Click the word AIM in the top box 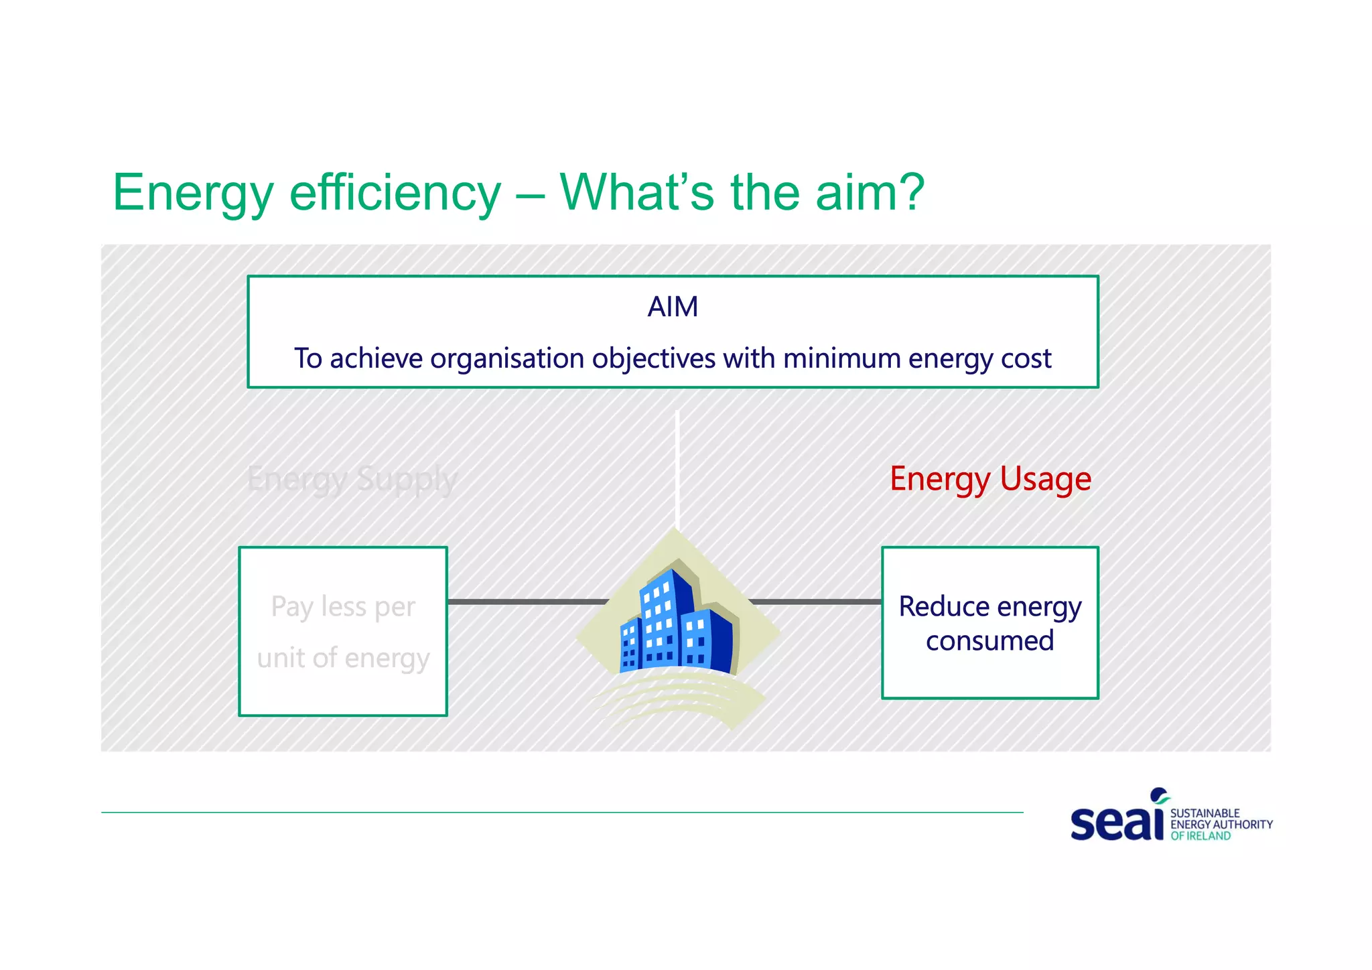[x=673, y=307]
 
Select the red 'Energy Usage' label [x=990, y=480]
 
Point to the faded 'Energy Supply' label [x=352, y=480]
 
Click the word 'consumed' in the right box [x=989, y=641]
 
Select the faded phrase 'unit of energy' [x=343, y=659]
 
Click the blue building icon [x=677, y=623]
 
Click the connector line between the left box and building [x=526, y=602]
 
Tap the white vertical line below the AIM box [x=677, y=469]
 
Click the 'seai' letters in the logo [x=1117, y=821]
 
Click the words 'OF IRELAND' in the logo [x=1200, y=836]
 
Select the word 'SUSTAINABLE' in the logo [x=1205, y=813]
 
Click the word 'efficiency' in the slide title [x=395, y=193]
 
